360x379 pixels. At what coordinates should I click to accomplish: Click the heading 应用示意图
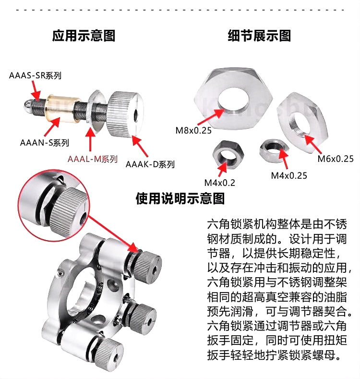[84, 36]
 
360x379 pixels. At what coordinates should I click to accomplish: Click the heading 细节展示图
[259, 36]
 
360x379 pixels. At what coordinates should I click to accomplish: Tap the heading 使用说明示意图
[180, 199]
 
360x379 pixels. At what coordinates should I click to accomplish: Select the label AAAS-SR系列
[35, 75]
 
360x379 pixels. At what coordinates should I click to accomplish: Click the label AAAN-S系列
[45, 143]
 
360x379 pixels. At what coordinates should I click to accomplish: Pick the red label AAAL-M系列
[93, 159]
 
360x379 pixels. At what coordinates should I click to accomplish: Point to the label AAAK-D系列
[150, 164]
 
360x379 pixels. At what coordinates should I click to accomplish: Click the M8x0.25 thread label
[193, 131]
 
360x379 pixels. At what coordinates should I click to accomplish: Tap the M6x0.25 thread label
[336, 159]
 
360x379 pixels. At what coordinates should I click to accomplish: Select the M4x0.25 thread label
[289, 175]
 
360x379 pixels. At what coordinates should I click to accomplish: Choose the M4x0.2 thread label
[220, 183]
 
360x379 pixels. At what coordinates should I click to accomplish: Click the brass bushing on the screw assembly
[62, 107]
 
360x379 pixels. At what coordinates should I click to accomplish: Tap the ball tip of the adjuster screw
[28, 106]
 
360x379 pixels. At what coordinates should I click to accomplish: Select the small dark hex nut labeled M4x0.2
[228, 155]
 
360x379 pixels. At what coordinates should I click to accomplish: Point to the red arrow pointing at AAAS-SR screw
[36, 90]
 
